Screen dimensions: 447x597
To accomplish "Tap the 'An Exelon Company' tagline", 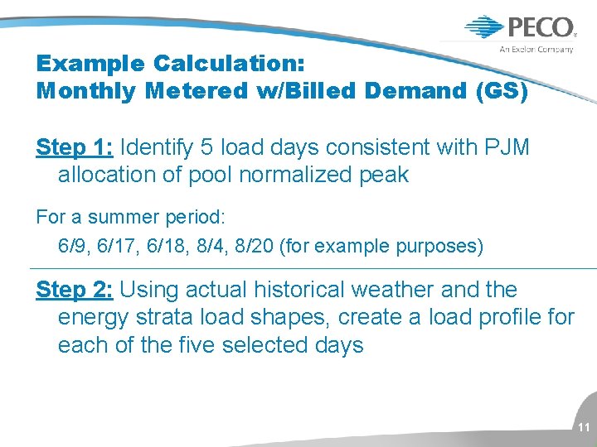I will (536, 50).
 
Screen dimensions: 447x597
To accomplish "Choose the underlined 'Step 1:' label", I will (75, 148).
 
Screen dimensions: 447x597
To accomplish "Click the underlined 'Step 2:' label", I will (75, 291).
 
